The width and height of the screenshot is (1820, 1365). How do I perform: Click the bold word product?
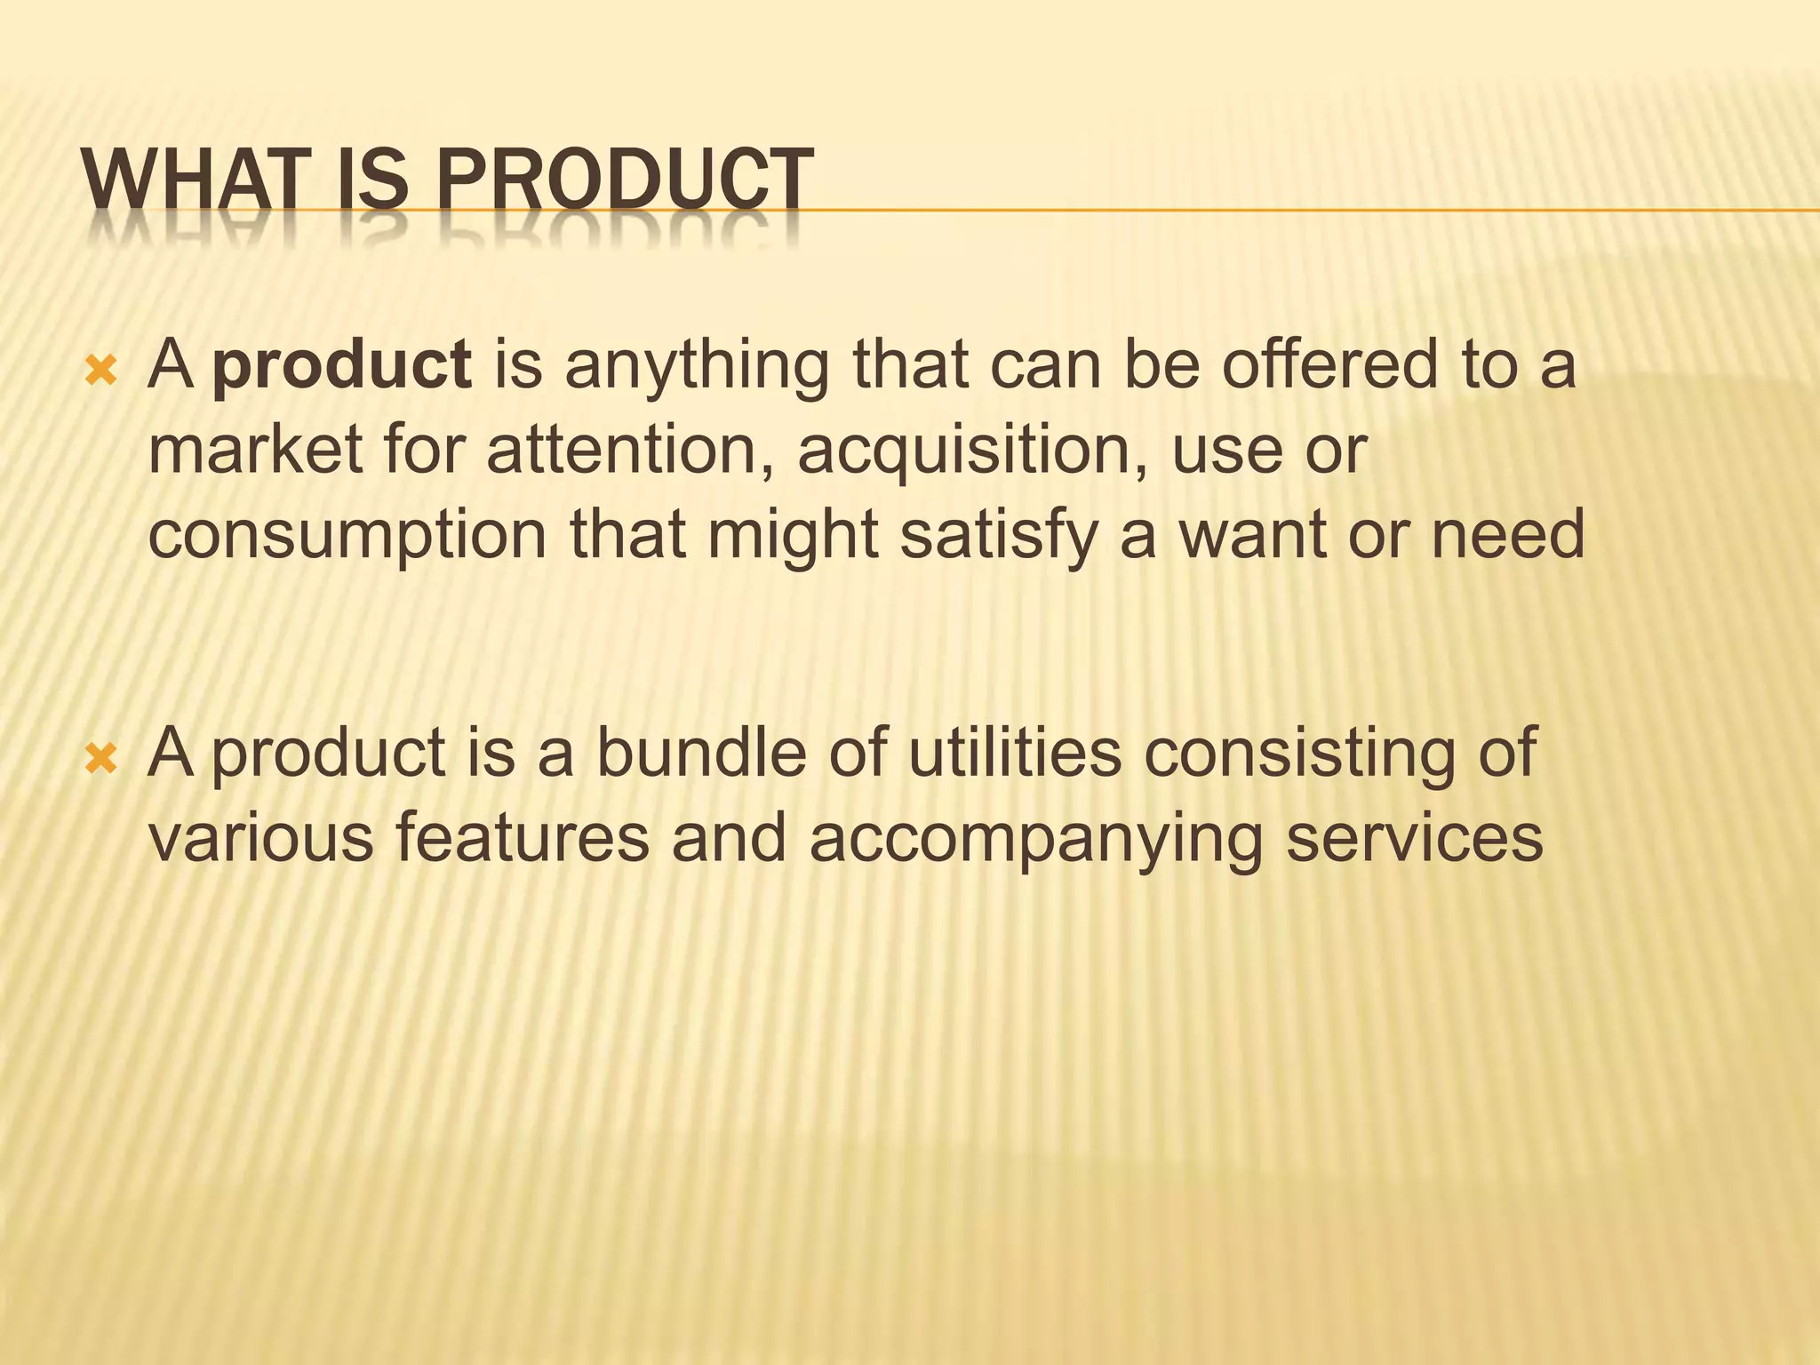click(x=342, y=365)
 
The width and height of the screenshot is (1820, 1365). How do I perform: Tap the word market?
click(x=254, y=450)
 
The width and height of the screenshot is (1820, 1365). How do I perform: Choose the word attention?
click(x=631, y=450)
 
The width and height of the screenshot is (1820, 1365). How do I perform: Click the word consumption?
click(x=347, y=537)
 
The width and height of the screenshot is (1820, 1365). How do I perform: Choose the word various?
click(x=260, y=838)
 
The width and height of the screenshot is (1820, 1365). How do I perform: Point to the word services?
click(x=1415, y=838)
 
